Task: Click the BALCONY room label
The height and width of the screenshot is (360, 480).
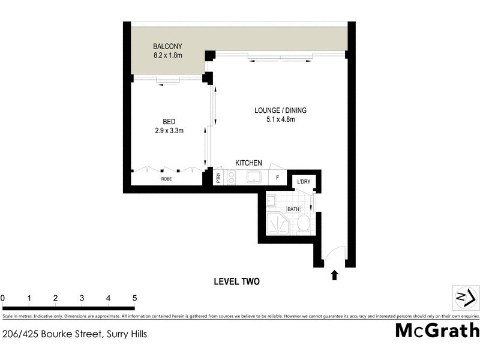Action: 167,46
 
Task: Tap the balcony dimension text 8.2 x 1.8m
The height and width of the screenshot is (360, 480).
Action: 167,56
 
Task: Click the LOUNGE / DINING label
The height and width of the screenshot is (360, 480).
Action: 280,110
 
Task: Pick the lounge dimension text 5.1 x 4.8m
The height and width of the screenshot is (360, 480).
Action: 280,119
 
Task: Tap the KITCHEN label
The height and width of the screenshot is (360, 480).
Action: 248,163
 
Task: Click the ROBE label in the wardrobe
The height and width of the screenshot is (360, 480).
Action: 167,179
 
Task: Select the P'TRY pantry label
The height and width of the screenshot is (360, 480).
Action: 218,178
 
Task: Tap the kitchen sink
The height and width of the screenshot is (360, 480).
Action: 254,178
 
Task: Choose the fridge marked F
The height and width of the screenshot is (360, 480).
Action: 277,178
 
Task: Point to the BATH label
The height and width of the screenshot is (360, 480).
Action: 293,209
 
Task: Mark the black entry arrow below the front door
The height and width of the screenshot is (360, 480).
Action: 334,275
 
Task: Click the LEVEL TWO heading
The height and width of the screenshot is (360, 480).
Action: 236,281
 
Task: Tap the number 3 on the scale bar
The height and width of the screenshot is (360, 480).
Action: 82,298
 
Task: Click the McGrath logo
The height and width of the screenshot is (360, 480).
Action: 437,330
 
